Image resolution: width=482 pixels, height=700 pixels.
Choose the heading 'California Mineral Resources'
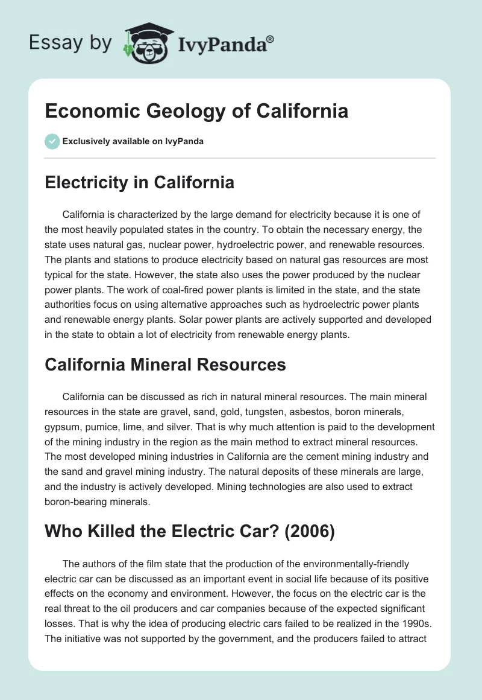pyautogui.click(x=165, y=364)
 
